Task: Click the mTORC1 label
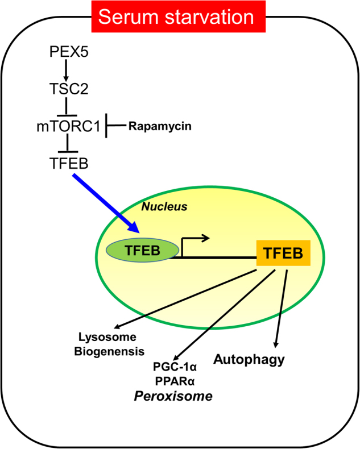[x=67, y=126]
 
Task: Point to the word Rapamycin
[x=160, y=126]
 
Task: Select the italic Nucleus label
[x=164, y=207]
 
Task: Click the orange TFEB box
[x=283, y=253]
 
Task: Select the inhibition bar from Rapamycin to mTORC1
[x=114, y=126]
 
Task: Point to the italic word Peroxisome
[x=173, y=396]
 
